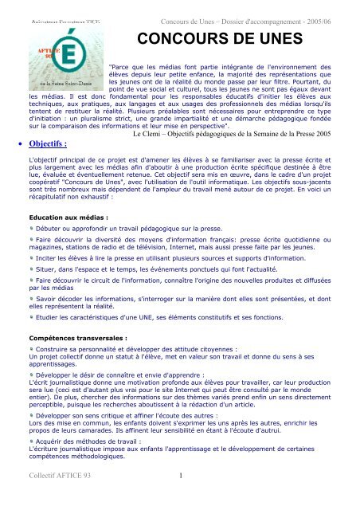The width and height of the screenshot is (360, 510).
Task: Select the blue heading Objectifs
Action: pyautogui.click(x=50, y=144)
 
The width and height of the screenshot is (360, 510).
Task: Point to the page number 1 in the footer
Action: pyautogui.click(x=182, y=499)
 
